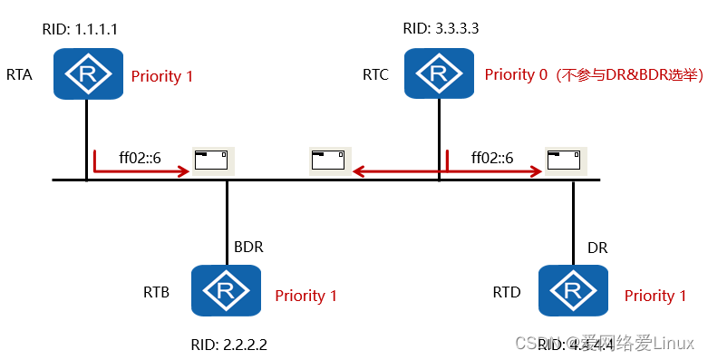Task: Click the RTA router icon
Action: pos(87,73)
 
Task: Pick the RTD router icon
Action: pos(573,291)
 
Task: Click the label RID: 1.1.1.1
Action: pos(80,29)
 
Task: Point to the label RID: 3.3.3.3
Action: pos(441,29)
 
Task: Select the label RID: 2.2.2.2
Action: pos(229,345)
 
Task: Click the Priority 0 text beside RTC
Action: pos(516,75)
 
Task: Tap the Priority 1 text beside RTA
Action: pos(162,76)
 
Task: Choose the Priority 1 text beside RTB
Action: pos(306,296)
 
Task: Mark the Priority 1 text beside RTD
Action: pos(662,296)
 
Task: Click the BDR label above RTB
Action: pos(249,247)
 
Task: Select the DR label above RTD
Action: pos(597,247)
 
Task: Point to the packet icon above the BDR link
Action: pos(213,161)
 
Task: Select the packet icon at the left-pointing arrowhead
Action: pos(328,161)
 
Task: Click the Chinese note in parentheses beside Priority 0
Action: pos(629,75)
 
